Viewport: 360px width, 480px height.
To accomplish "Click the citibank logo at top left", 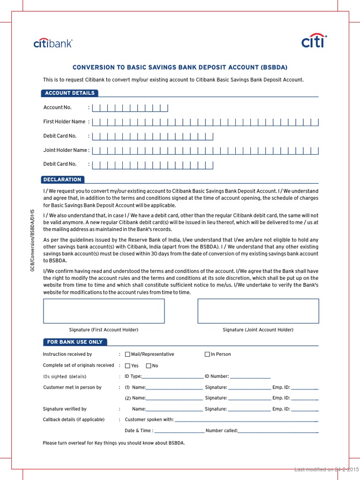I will pyautogui.click(x=53, y=44).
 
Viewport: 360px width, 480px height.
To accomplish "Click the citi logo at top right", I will pyautogui.click(x=314, y=42).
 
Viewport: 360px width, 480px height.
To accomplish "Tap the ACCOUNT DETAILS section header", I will pyautogui.click(x=69, y=93).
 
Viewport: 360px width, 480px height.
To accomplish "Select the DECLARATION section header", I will pyautogui.click(x=62, y=180).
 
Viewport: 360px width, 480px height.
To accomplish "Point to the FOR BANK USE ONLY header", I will pyautogui.click(x=75, y=342).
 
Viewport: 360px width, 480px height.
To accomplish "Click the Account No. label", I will pyautogui.click(x=57, y=107).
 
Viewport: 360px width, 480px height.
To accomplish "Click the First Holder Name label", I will pyautogui.click(x=64, y=121).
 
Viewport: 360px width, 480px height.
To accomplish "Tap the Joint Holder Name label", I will pyautogui.click(x=66, y=150).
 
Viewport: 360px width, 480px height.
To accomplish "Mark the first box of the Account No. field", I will pyautogui.click(x=96, y=108).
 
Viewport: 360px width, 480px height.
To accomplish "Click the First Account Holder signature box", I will pyautogui.click(x=104, y=311).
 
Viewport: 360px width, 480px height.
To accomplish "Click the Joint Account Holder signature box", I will pyautogui.click(x=258, y=311).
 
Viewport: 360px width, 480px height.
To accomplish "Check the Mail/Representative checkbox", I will pyautogui.click(x=127, y=354).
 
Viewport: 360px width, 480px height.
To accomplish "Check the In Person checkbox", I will pyautogui.click(x=207, y=354).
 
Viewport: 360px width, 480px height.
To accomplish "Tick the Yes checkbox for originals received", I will pyautogui.click(x=127, y=366).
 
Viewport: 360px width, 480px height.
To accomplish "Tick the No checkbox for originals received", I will pyautogui.click(x=149, y=366).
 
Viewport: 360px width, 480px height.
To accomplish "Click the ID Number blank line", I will pyautogui.click(x=250, y=377).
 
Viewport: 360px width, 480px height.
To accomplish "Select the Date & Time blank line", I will pyautogui.click(x=179, y=431).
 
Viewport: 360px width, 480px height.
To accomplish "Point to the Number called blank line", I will pyautogui.click(x=278, y=431).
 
